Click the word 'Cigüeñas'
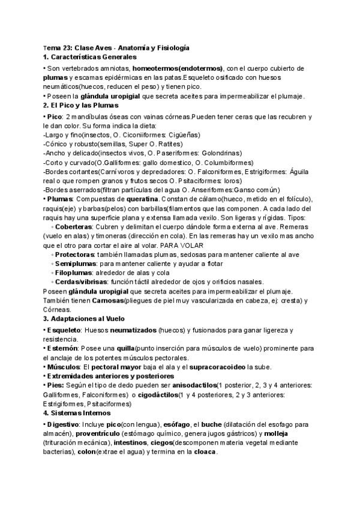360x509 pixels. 184,136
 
